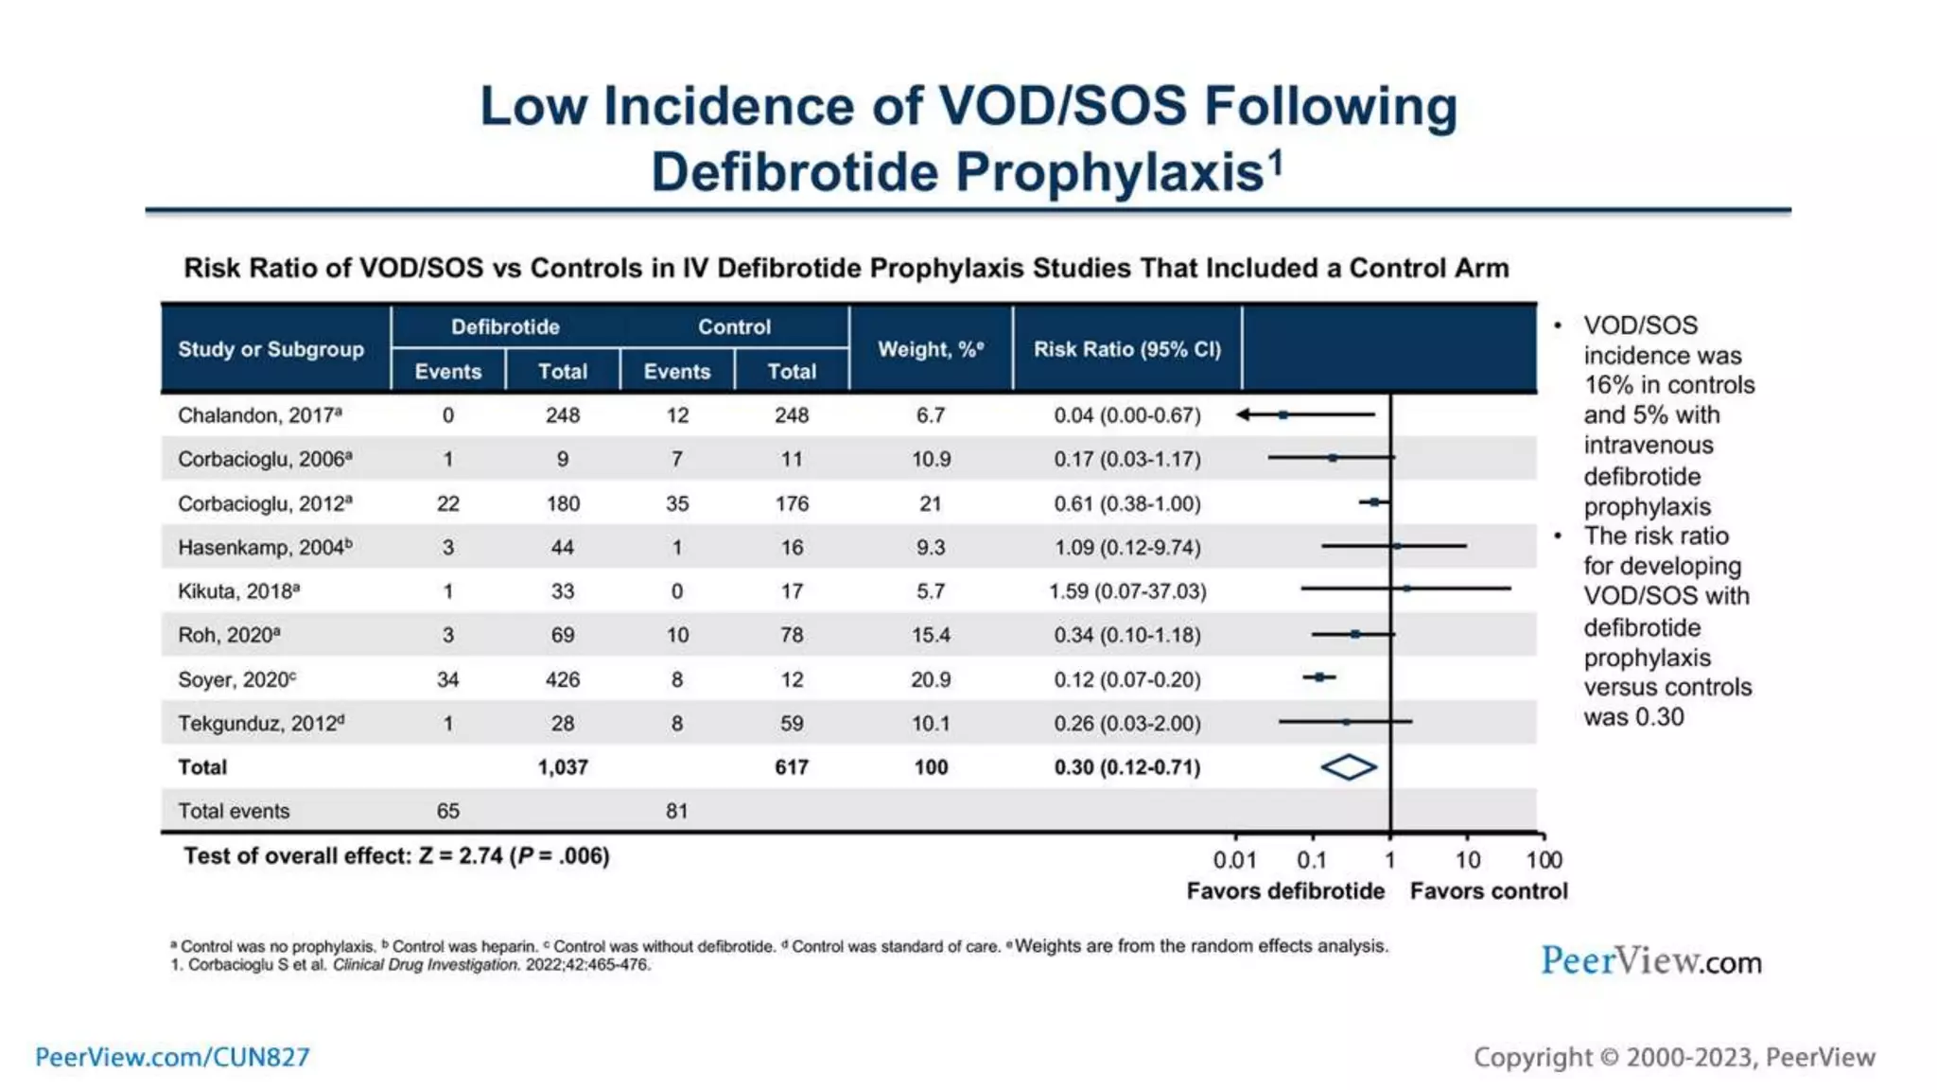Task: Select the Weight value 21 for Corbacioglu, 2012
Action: (x=930, y=503)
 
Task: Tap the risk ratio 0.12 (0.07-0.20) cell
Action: (x=1126, y=679)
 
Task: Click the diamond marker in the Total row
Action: (x=1348, y=767)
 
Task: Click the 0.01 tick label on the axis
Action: (x=1234, y=860)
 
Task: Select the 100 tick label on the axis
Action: (x=1544, y=860)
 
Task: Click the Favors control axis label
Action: (x=1488, y=891)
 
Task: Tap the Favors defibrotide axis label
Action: (x=1284, y=891)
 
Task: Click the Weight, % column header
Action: (x=930, y=349)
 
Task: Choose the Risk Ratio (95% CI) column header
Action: (x=1126, y=349)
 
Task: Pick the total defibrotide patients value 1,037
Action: (x=563, y=767)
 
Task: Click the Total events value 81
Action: (x=676, y=811)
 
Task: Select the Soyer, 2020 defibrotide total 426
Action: (x=563, y=679)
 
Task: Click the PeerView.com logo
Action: (x=1650, y=961)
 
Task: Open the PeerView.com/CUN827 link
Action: (x=172, y=1057)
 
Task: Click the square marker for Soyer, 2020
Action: (x=1318, y=677)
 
